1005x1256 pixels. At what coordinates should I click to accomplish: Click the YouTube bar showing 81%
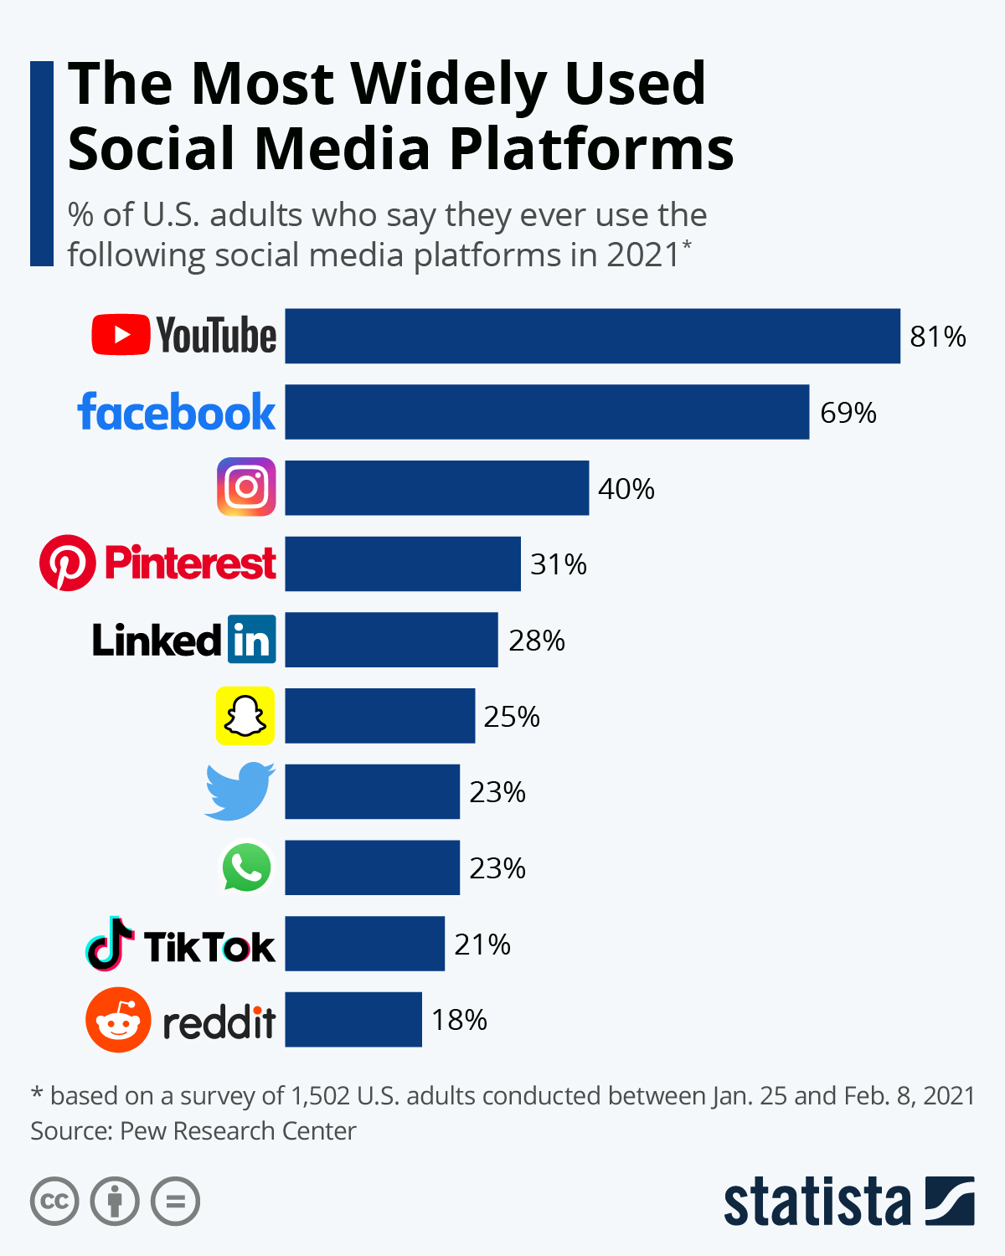(592, 336)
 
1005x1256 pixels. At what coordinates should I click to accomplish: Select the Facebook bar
(547, 412)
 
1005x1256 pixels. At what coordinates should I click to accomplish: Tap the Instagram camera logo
(246, 486)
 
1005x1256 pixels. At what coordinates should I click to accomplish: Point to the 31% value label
(559, 564)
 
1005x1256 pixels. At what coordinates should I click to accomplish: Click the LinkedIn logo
(183, 640)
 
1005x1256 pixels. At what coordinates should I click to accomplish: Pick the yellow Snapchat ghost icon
(245, 716)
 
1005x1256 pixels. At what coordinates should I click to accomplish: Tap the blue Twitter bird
(240, 791)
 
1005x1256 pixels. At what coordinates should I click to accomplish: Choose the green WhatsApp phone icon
(246, 867)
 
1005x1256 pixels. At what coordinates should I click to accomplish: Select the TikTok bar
(364, 944)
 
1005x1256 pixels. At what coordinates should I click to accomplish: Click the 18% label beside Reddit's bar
(459, 1020)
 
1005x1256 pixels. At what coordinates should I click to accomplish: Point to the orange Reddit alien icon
(118, 1020)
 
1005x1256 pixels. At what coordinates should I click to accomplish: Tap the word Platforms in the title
(591, 149)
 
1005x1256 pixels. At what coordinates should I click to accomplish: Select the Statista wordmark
(817, 1202)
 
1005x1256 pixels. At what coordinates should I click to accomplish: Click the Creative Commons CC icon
(54, 1202)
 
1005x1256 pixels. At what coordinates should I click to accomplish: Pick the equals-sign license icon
(175, 1202)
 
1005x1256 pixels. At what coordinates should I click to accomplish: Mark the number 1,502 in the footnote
(320, 1095)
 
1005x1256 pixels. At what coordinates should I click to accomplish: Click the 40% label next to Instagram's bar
(626, 489)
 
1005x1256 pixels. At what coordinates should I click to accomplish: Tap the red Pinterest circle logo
(67, 563)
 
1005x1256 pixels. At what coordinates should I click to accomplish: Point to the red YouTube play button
(121, 335)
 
